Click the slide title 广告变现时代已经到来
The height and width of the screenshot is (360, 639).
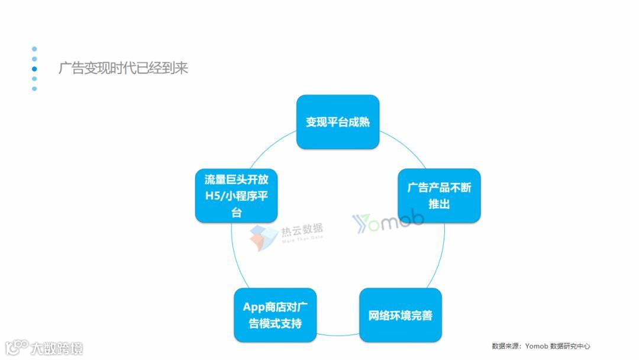coord(123,68)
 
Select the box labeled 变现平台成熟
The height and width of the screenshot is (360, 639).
coord(337,122)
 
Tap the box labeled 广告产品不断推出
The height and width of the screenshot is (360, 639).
coord(438,195)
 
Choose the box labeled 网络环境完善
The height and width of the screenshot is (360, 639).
coord(401,314)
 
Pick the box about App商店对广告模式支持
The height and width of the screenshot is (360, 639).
coord(275,314)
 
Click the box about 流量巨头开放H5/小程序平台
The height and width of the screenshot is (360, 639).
coord(236,196)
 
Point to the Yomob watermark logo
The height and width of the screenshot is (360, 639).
coord(388,221)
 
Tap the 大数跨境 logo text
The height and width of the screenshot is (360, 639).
coord(57,348)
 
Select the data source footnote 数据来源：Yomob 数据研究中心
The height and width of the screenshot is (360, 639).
coord(541,346)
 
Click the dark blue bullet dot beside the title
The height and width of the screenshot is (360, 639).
coord(34,69)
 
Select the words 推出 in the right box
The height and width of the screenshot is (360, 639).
coord(438,204)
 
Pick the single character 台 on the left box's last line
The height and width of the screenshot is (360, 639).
coord(236,213)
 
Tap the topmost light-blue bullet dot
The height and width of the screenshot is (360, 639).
coord(34,49)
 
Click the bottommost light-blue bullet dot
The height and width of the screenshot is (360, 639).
coord(34,89)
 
